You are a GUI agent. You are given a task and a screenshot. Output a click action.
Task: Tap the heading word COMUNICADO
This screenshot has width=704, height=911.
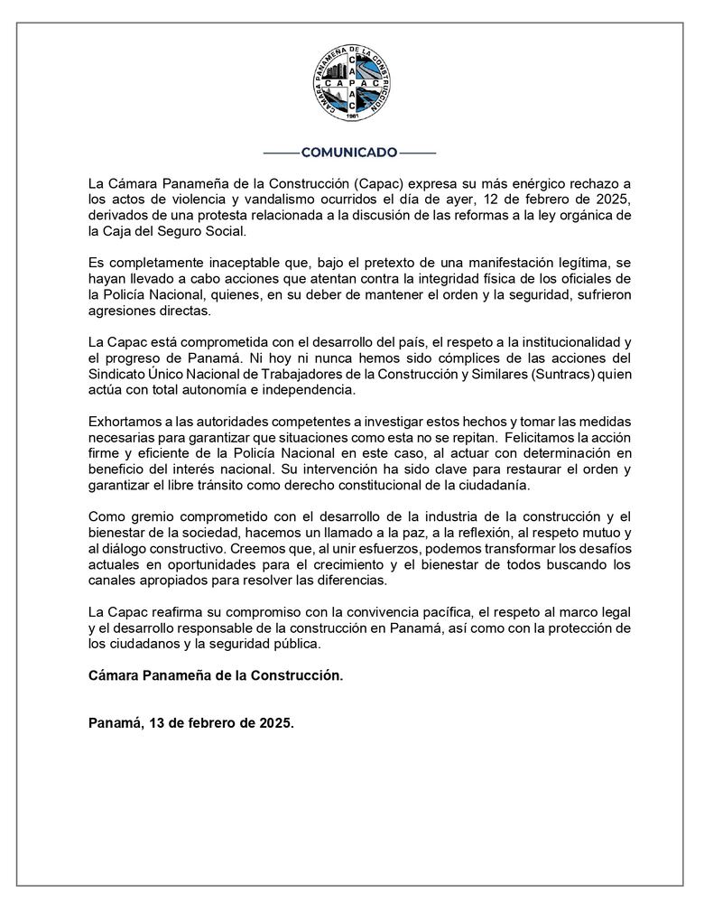pos(348,153)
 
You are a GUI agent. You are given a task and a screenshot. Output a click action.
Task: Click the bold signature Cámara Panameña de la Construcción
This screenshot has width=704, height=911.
pos(216,675)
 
